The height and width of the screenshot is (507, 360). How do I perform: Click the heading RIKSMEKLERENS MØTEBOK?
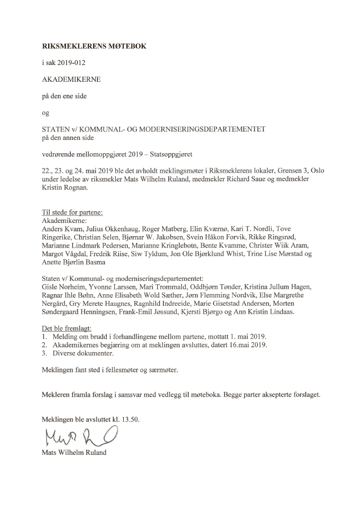pos(94,46)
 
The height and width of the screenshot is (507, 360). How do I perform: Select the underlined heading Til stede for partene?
pos(72,213)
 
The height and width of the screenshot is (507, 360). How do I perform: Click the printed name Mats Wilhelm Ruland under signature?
pos(76,453)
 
